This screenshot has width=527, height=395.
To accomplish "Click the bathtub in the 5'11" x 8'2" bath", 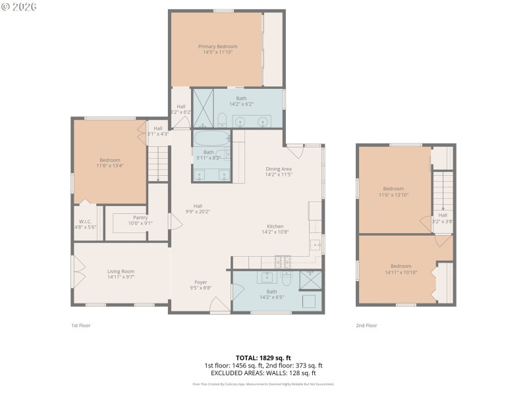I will [211, 138].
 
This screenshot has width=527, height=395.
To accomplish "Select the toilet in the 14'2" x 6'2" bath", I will [222, 120].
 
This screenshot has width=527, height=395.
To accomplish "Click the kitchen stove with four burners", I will [283, 261].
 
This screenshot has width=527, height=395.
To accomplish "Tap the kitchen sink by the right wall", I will [316, 245].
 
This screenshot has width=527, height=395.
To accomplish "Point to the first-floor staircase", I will [157, 163].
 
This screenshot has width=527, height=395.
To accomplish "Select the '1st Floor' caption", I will [80, 325].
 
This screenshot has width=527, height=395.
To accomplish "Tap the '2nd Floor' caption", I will [366, 325].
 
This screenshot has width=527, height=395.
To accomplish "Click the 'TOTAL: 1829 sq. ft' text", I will [263, 358].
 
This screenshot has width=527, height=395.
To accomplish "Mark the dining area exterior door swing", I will [294, 149].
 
